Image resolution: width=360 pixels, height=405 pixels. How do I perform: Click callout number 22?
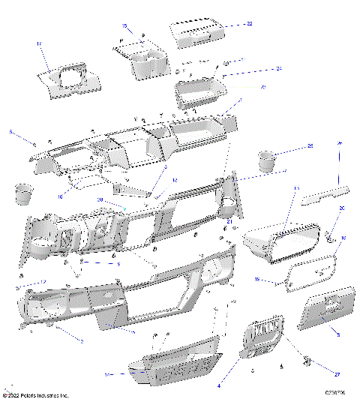250,24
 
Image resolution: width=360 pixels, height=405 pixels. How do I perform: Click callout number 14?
108,373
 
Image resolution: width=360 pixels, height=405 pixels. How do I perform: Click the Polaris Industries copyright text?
36,395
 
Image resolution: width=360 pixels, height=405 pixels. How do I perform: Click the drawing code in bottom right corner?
336,392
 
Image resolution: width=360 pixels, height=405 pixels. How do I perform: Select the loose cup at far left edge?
22,193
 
